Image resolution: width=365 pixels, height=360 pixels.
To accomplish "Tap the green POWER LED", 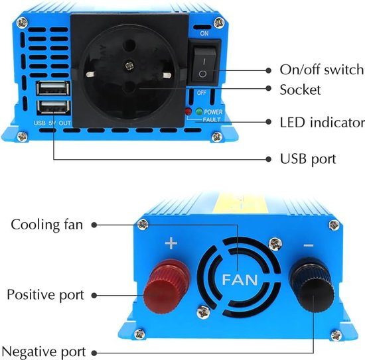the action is [x=199, y=111].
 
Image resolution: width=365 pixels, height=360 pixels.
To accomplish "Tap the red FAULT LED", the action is [x=188, y=111].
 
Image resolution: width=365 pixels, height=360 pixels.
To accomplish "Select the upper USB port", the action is [x=53, y=88].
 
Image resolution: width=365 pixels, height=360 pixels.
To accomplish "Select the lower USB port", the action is [x=53, y=107].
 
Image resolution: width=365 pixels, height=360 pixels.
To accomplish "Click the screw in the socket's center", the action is [x=129, y=66].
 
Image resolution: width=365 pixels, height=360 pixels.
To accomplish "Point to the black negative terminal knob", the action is [x=312, y=284].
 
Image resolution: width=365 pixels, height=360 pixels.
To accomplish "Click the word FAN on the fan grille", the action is [x=240, y=280].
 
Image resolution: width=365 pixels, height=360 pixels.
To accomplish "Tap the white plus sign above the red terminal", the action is [x=171, y=243].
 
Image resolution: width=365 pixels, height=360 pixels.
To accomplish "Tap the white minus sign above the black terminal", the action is [x=309, y=245].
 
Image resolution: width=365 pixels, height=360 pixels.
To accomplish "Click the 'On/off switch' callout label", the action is [x=321, y=70].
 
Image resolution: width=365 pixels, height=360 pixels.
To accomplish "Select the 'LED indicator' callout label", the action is [x=322, y=123].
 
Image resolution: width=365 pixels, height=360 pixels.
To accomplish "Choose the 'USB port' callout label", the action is [x=308, y=159].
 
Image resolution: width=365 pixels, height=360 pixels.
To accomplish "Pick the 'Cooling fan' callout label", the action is [x=47, y=225].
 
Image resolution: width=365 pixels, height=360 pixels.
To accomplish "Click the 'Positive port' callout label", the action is [x=45, y=295].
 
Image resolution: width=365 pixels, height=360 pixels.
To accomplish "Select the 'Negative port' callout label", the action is [x=44, y=351].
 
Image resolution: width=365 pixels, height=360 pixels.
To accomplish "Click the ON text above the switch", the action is [x=204, y=33].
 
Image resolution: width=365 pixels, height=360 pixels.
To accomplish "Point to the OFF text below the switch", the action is [x=201, y=93].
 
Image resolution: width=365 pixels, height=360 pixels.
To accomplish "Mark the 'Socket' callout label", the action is [x=300, y=90].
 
